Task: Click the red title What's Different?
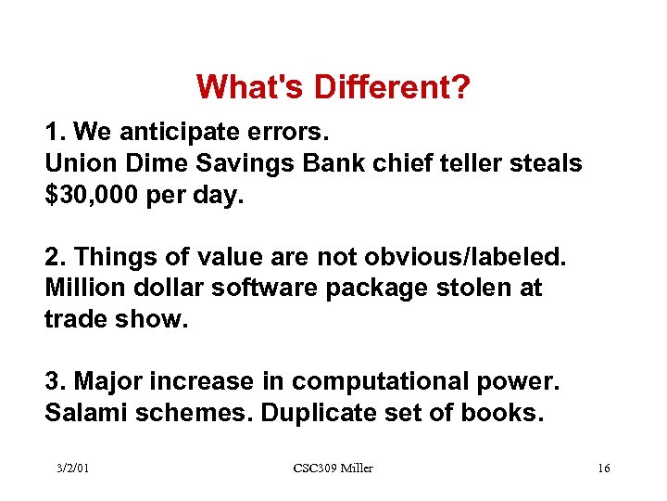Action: tap(333, 88)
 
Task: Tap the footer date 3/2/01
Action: tap(72, 469)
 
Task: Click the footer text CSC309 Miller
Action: tap(333, 469)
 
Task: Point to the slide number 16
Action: tap(603, 469)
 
